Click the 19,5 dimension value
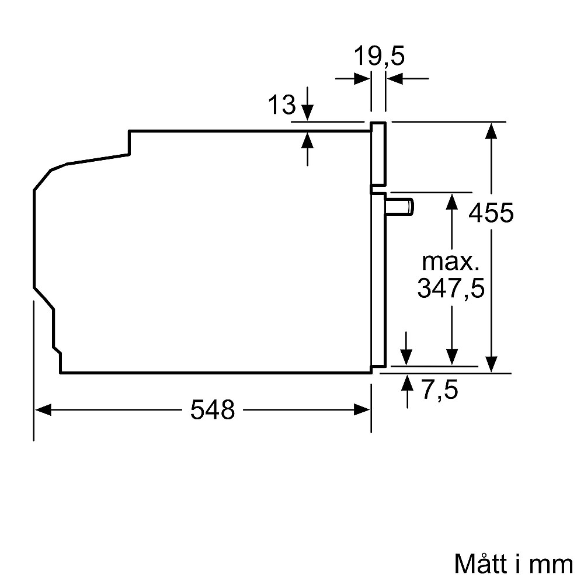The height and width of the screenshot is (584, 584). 379,56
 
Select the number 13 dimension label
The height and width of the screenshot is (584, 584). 282,105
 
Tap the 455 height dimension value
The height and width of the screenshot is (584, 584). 491,213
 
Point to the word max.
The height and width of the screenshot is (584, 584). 450,262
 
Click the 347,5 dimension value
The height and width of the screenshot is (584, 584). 451,288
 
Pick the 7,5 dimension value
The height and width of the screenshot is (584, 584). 440,390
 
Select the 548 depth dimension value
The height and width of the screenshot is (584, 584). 213,410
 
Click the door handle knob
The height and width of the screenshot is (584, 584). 399,207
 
